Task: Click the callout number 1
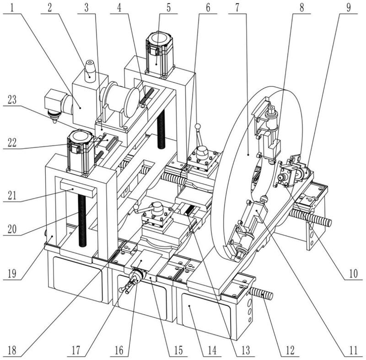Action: tap(12, 7)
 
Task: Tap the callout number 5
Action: tap(168, 7)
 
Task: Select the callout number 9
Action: tap(348, 7)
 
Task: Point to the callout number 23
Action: tap(12, 100)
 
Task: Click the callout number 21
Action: tap(12, 195)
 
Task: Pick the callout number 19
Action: tap(12, 274)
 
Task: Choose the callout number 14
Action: tap(212, 350)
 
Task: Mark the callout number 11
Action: tap(352, 350)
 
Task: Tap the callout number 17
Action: tap(76, 350)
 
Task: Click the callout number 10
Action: tap(353, 274)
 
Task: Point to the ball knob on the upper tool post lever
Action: tap(198, 126)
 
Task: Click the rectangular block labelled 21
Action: tap(78, 188)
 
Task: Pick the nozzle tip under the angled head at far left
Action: tap(54, 121)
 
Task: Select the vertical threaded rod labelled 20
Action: tap(82, 220)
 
